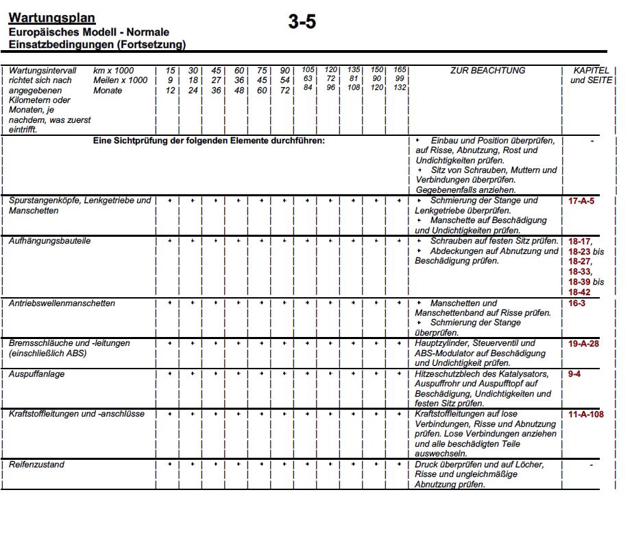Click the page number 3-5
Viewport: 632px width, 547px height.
(302, 22)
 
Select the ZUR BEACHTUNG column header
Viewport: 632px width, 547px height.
(488, 71)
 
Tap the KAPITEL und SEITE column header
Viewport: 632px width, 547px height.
(590, 75)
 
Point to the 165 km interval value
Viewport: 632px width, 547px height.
(400, 69)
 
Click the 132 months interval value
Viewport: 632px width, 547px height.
(400, 88)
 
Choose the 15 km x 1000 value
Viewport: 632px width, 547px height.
(170, 71)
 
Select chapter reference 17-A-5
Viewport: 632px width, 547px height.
(581, 202)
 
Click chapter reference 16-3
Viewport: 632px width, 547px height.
(576, 303)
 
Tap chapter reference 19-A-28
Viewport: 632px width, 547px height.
(583, 343)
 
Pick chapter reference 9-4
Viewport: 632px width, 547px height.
(574, 375)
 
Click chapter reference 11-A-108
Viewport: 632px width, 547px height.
(586, 415)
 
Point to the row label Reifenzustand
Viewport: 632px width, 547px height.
(37, 465)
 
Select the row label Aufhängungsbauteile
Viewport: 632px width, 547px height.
(49, 242)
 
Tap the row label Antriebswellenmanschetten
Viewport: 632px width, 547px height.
(62, 303)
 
